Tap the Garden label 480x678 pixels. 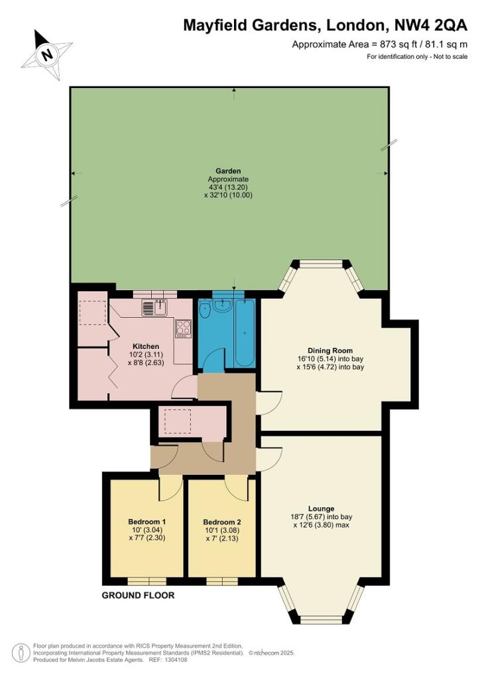228,171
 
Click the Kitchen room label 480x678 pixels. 146,346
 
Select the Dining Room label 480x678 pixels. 330,351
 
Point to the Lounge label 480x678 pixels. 321,508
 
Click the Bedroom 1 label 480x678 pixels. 147,522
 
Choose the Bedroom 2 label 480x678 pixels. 221,522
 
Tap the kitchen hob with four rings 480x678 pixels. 183,328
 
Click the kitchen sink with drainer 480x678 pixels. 154,307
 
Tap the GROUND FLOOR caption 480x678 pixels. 138,595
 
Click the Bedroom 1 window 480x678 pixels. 147,581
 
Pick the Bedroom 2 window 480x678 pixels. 222,581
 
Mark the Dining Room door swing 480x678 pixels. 269,403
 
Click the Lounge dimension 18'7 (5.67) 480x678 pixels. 308,516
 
